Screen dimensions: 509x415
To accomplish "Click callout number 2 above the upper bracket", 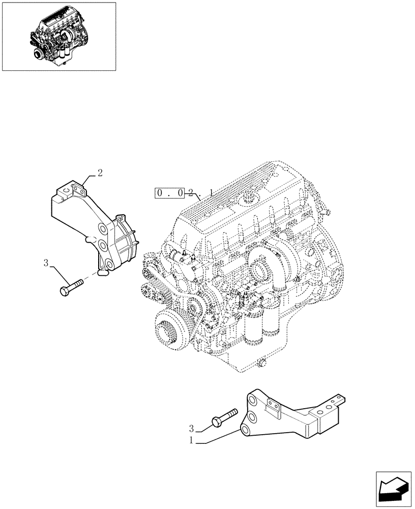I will tap(100, 173).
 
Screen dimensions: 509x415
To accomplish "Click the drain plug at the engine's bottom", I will tap(262, 363).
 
